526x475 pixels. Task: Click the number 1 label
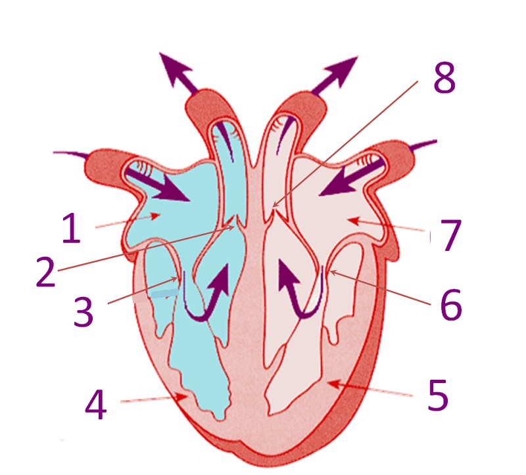(x=72, y=229)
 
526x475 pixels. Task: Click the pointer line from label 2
(x=145, y=248)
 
